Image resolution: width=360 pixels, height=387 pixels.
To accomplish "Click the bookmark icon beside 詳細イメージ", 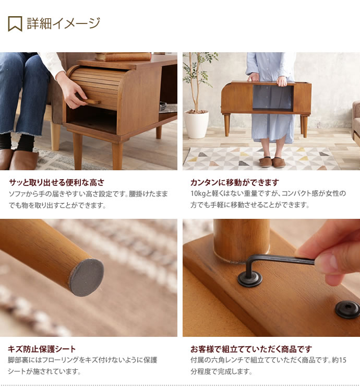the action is pyautogui.click(x=15, y=24).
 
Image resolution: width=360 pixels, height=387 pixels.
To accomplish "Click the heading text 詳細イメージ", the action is pyautogui.click(x=63, y=24).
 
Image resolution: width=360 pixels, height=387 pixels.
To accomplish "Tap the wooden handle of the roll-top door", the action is pyautogui.click(x=91, y=101).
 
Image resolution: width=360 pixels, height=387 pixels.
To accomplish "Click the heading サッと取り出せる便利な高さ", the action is pyautogui.click(x=57, y=182).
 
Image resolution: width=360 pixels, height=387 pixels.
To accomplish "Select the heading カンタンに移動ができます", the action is pyautogui.click(x=235, y=182).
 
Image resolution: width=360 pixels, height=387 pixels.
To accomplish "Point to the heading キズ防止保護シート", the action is pyautogui.click(x=42, y=349).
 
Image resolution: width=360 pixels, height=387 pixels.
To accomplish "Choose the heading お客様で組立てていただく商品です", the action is pyautogui.click(x=251, y=349).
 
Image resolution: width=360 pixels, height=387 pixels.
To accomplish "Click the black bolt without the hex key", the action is pyautogui.click(x=347, y=310).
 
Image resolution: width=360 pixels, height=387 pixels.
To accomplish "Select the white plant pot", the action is pyautogui.click(x=197, y=125).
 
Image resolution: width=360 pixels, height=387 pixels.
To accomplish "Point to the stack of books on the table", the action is pyautogui.click(x=123, y=56).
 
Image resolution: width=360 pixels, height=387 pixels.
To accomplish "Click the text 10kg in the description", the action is pyautogui.click(x=198, y=193).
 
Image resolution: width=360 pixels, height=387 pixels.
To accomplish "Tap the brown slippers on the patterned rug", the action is pyautogui.click(x=272, y=162).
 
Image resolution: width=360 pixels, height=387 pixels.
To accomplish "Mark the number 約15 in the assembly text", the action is pyautogui.click(x=339, y=360).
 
